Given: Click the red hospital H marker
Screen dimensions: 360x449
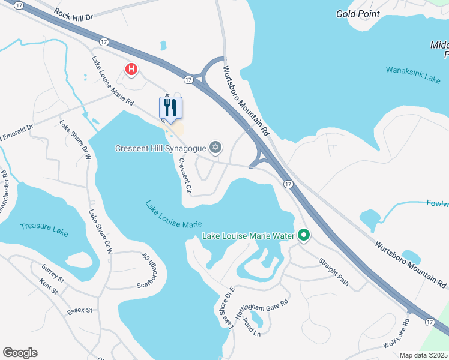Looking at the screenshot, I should click(131, 70).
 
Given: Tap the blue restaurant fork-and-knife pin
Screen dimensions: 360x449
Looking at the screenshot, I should click(170, 108).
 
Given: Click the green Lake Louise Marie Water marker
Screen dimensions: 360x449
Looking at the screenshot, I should click(304, 235).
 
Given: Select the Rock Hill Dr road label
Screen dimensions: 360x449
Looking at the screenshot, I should click(74, 14).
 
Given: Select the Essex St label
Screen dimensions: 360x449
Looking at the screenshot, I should click(79, 310).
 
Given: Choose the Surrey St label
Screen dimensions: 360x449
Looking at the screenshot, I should click(53, 273).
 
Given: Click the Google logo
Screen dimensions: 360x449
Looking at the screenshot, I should click(20, 353).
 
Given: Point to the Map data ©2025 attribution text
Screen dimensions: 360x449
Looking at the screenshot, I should click(424, 355).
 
